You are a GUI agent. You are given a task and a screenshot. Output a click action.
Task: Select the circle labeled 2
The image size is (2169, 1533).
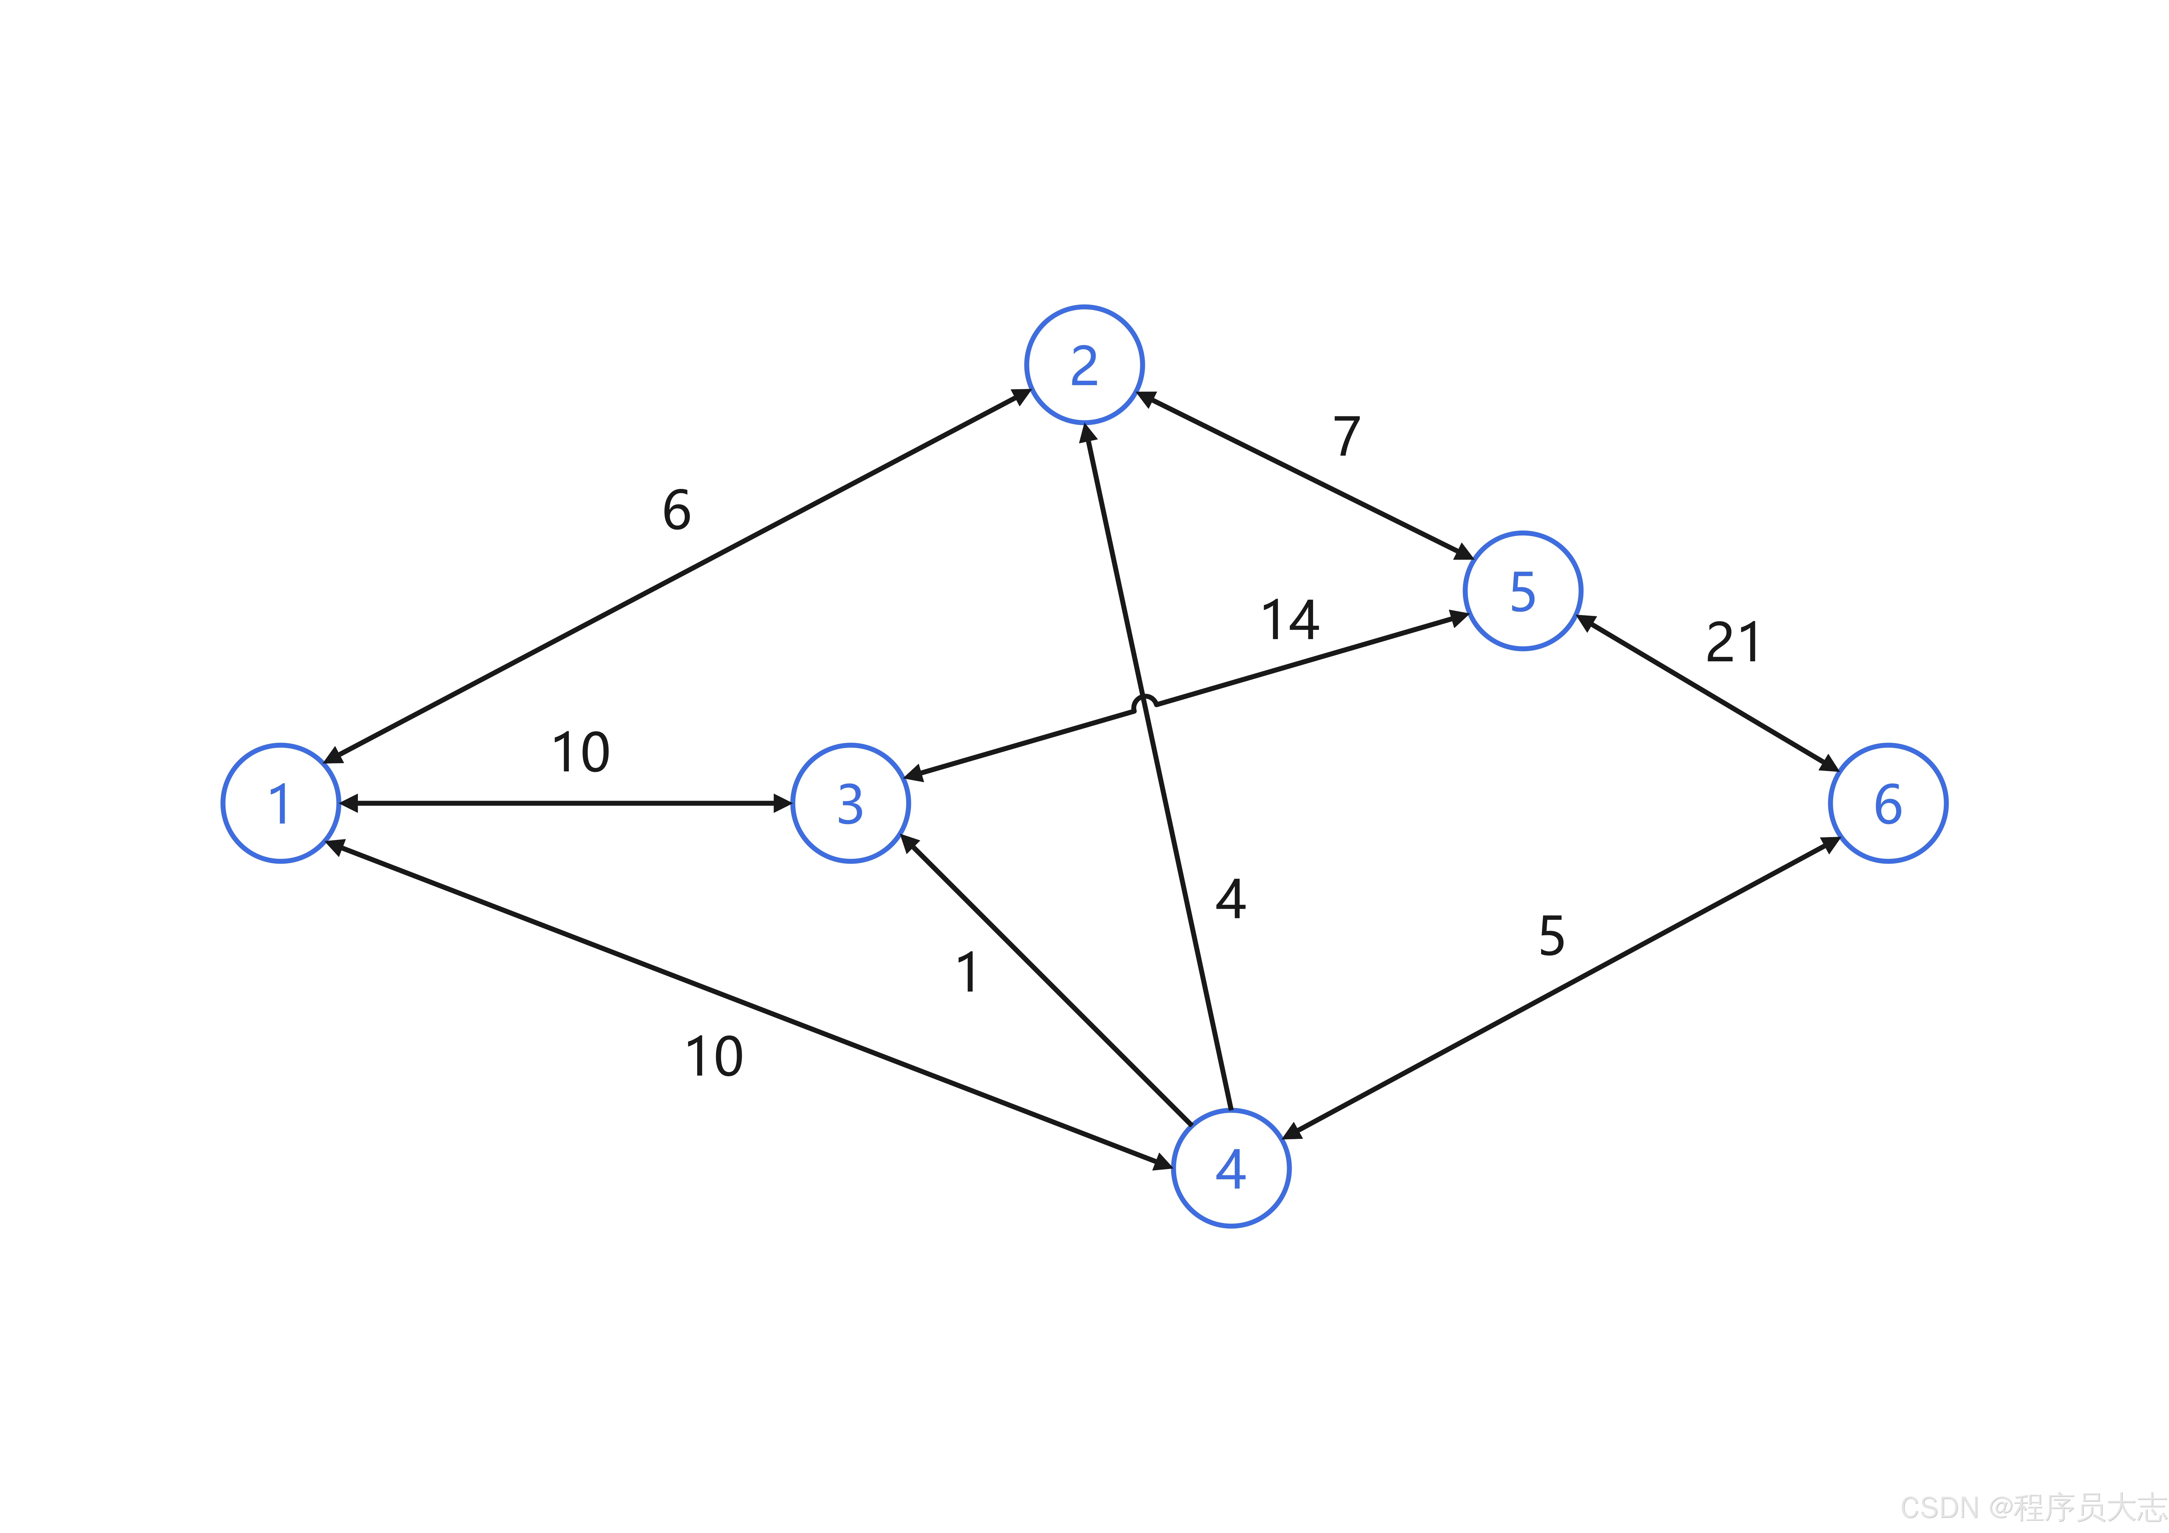(1085, 364)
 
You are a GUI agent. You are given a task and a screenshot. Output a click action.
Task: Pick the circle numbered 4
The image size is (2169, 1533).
(1231, 1169)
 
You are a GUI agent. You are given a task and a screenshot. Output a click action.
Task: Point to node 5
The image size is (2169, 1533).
(1523, 591)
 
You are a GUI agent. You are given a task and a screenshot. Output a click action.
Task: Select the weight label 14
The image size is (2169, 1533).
(1290, 621)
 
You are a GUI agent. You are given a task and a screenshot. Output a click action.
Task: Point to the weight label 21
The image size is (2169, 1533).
(1734, 643)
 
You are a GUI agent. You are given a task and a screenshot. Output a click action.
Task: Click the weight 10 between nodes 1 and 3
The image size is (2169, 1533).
(581, 753)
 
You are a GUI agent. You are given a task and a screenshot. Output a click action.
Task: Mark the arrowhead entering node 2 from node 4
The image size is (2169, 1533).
(1088, 435)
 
